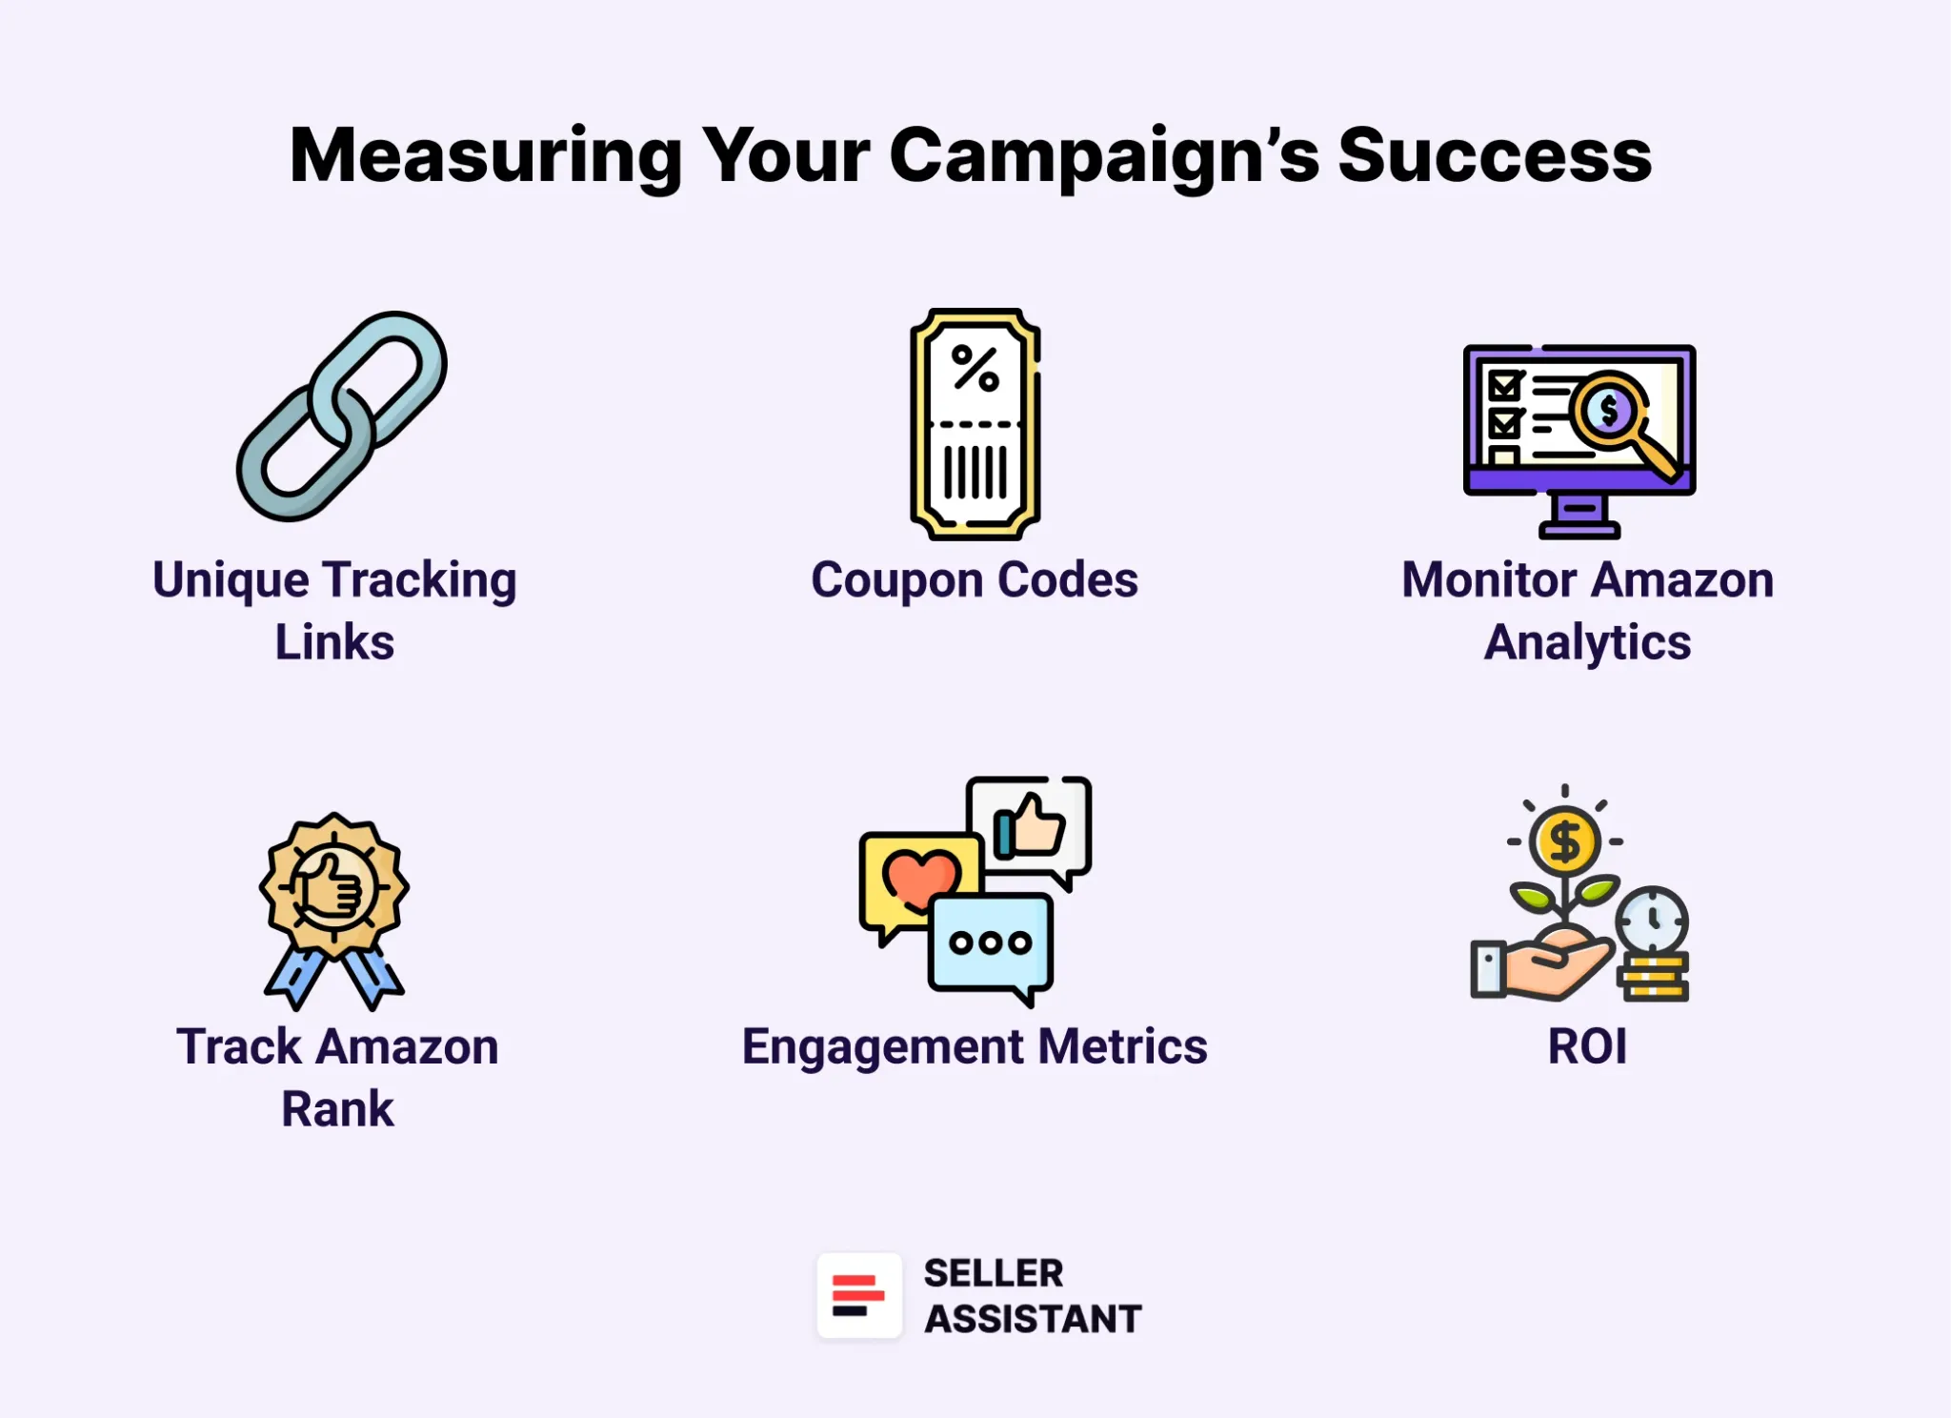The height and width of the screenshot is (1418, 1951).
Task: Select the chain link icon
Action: pos(341,416)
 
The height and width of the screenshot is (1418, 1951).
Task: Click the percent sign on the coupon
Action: pos(975,368)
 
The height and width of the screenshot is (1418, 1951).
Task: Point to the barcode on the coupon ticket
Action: pos(975,472)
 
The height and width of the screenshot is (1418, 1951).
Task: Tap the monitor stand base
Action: pos(1579,529)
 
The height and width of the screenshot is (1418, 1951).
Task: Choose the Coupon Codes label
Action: pos(975,579)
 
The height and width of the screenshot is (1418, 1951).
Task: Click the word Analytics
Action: pos(1587,642)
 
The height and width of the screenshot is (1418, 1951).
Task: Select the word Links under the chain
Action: pos(334,641)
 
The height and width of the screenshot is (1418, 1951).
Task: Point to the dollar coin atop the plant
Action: pos(1564,841)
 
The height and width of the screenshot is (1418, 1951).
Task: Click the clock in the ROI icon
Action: pos(1653,921)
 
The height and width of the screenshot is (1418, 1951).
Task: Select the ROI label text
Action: pos(1587,1046)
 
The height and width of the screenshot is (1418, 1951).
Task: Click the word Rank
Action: pos(337,1108)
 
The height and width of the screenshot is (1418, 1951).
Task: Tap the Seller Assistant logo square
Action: pos(859,1296)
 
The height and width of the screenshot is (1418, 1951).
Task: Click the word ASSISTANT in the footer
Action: pos(1033,1319)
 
